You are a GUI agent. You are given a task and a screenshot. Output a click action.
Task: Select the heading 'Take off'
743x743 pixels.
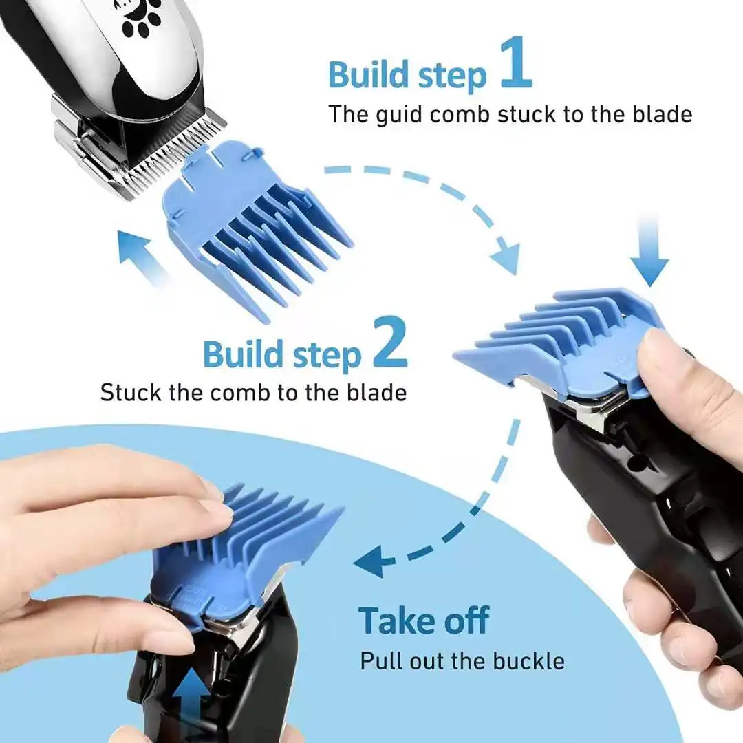pyautogui.click(x=423, y=621)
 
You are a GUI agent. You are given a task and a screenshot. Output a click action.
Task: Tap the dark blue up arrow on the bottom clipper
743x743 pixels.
pyautogui.click(x=189, y=695)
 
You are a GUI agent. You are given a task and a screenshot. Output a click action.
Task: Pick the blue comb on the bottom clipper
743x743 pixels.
pyautogui.click(x=241, y=550)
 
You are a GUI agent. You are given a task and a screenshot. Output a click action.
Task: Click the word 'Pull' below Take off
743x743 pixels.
pyautogui.click(x=382, y=661)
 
